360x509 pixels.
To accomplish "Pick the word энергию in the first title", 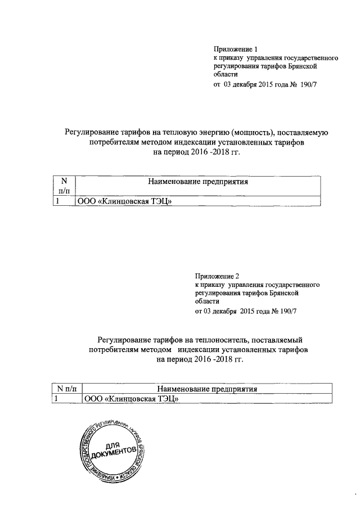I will (209, 133).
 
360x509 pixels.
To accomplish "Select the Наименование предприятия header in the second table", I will (207, 388).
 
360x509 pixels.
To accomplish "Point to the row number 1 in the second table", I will (57, 399).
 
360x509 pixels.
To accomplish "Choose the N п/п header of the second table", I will (67, 388).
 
